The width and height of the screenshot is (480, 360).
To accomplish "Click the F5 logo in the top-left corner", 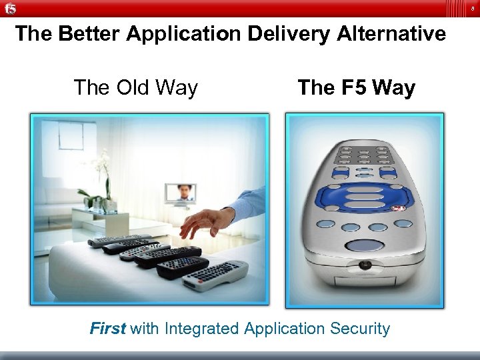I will pos(10,8).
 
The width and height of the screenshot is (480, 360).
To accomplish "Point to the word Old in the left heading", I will pos(133,87).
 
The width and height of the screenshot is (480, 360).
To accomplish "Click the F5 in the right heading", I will pos(356,87).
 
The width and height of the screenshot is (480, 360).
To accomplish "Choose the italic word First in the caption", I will pos(108,328).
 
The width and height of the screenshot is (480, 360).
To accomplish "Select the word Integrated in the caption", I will pos(202,328).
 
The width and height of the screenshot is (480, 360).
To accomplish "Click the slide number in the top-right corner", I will pos(471,8).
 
